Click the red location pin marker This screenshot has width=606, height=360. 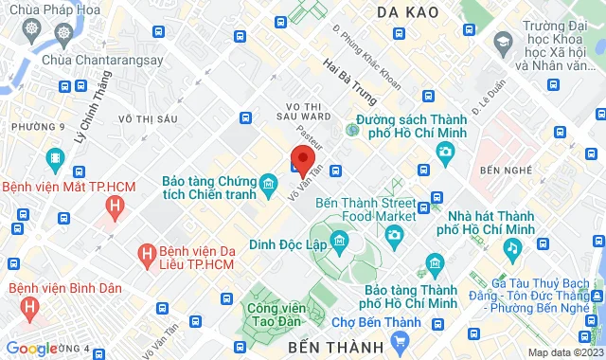tap(302, 160)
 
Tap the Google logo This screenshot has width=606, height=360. tap(32, 349)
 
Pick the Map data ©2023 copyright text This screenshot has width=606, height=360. tap(564, 352)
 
